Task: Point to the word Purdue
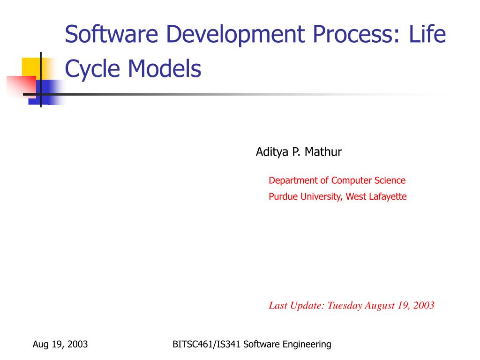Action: coord(283,196)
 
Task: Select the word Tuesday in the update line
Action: coord(345,306)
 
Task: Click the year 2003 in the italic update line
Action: coord(423,306)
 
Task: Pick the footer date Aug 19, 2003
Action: coord(60,345)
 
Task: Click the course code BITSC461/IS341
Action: coord(206,345)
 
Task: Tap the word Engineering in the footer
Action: coord(309,345)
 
